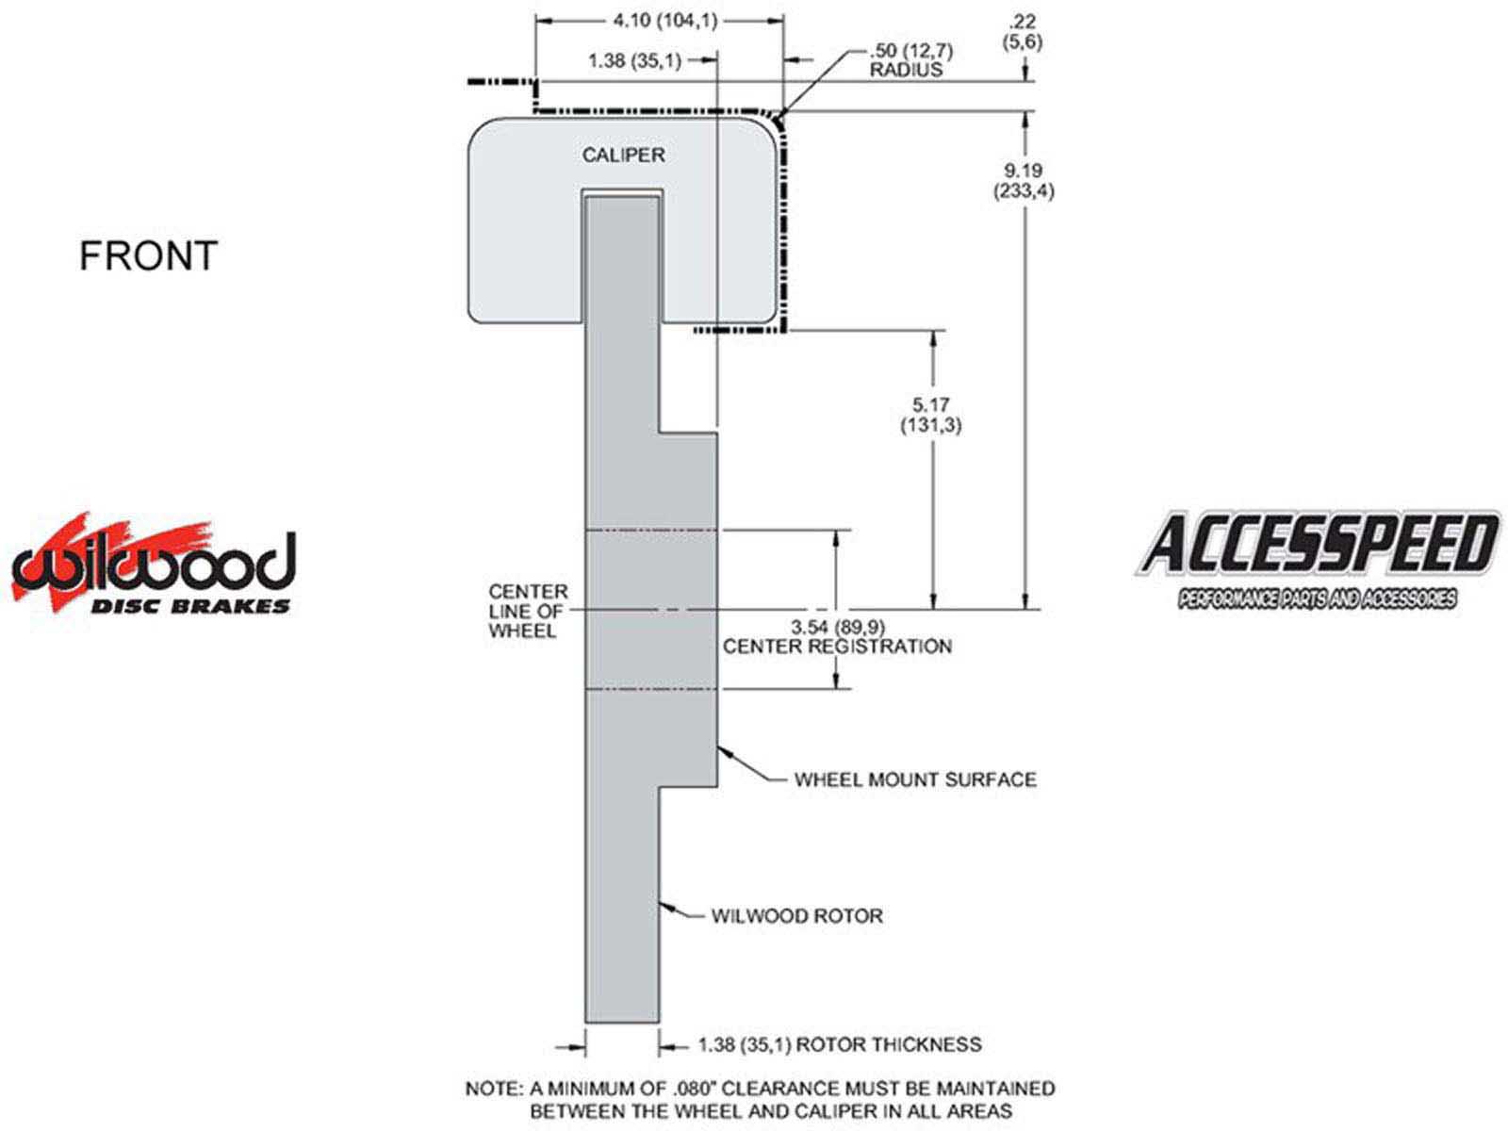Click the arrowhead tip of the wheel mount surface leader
pos(718,746)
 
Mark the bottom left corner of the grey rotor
pos(585,1023)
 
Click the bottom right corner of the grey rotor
pos(660,1023)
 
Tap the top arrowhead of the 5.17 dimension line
pos(933,333)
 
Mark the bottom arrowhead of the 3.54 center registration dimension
pos(836,687)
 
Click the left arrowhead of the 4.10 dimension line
pos(536,22)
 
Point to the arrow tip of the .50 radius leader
pos(778,121)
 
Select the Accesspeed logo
pos(1318,560)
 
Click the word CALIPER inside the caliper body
pos(623,156)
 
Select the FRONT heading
pos(148,255)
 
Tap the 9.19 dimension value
pos(1023,170)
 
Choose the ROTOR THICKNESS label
pos(889,1044)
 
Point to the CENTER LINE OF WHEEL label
pos(528,611)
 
